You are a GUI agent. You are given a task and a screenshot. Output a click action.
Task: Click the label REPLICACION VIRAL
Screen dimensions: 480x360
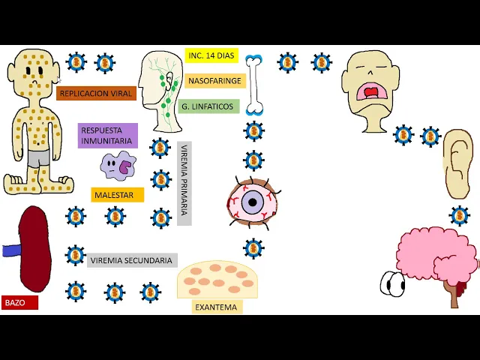coord(96,94)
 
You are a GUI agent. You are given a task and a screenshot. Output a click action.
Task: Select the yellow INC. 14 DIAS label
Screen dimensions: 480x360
coord(211,55)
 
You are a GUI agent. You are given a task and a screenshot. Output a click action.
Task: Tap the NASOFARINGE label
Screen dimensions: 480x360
coord(215,81)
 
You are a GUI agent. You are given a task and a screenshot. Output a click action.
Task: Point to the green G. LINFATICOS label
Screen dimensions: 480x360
coord(208,106)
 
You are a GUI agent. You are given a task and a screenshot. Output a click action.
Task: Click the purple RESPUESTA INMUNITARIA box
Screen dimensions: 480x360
coord(107,136)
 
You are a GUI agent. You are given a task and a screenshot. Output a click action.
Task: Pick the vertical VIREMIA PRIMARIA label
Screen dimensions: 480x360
coord(184,183)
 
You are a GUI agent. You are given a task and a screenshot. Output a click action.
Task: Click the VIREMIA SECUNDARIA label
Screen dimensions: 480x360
coord(132,261)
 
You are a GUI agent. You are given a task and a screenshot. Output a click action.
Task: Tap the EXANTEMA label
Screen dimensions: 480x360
coord(216,307)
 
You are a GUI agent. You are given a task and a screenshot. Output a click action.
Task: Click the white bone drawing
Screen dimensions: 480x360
coord(254,84)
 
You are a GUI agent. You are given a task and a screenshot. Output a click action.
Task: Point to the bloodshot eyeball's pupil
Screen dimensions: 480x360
coord(253,201)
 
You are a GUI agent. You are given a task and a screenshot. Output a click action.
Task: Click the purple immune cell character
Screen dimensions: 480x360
coord(117,166)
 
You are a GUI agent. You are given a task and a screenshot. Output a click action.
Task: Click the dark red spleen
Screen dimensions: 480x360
coord(34,249)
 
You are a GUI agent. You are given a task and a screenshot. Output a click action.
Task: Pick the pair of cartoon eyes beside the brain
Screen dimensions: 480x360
coord(392,283)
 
